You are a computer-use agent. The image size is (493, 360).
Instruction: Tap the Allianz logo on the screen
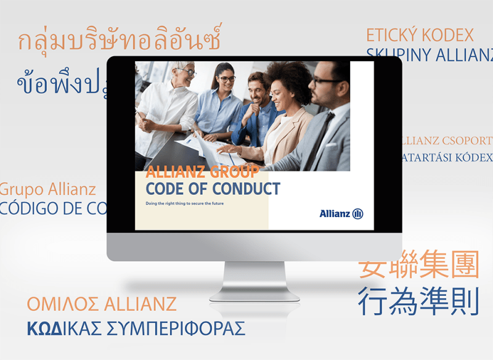[341, 214]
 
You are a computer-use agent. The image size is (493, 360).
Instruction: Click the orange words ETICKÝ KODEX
[420, 35]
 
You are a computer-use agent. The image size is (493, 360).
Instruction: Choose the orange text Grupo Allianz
[48, 189]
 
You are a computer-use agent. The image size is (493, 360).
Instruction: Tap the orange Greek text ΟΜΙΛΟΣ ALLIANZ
[102, 303]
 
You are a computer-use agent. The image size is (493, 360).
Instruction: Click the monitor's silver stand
[255, 280]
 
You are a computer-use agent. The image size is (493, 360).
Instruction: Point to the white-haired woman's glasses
[187, 72]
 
